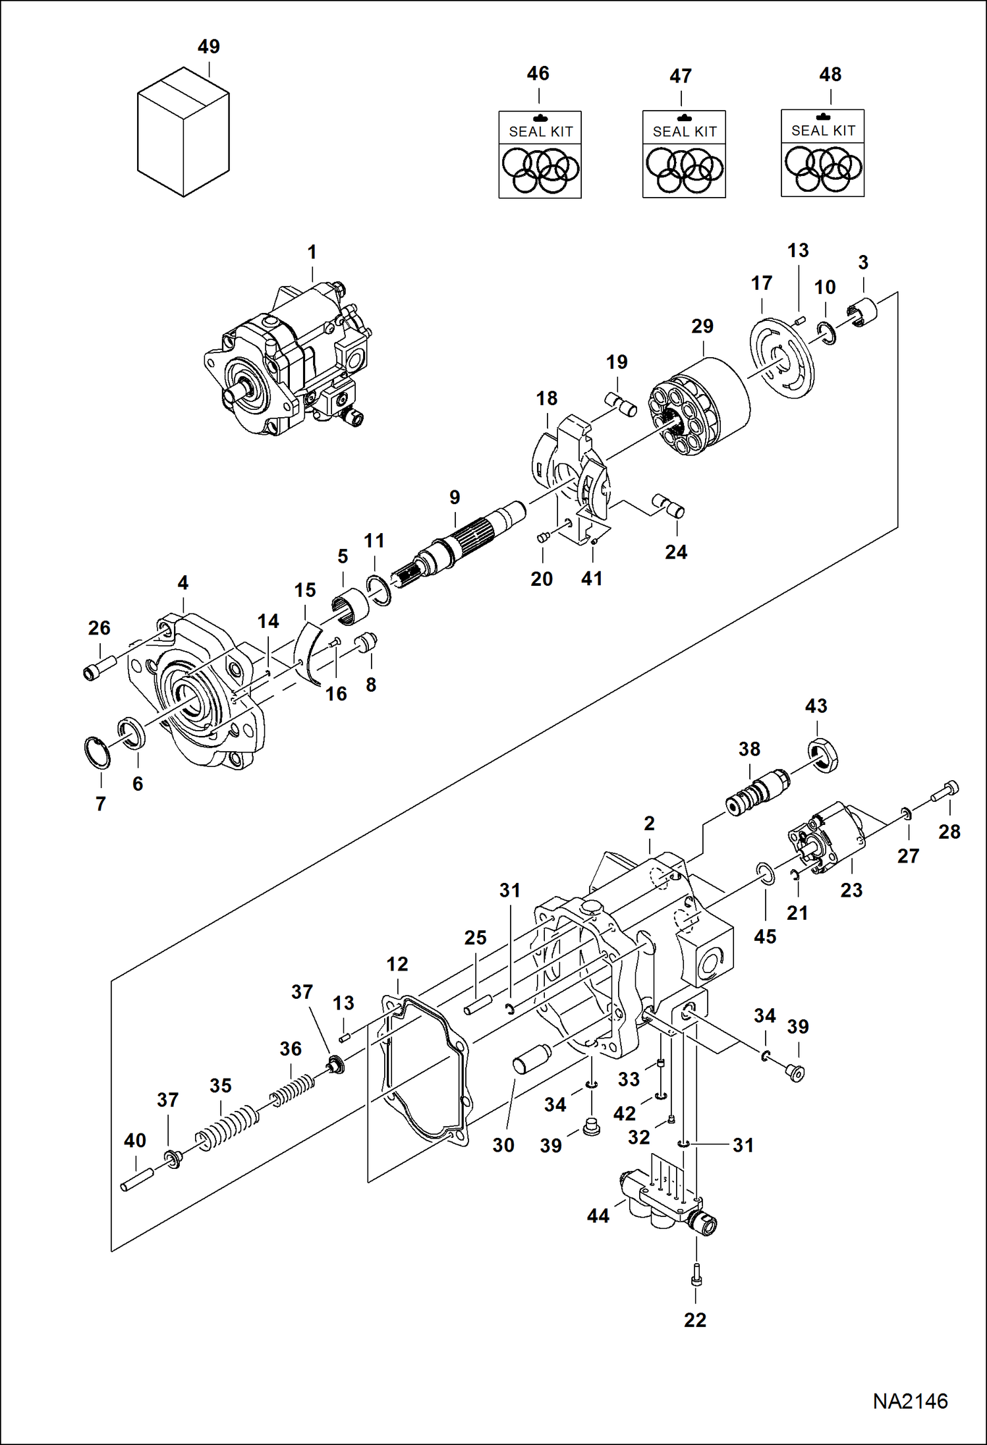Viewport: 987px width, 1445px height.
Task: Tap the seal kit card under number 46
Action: (540, 155)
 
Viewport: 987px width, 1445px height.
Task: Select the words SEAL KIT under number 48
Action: (823, 130)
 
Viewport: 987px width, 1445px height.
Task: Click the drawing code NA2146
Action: (910, 1401)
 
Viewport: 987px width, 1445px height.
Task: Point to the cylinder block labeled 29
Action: (700, 407)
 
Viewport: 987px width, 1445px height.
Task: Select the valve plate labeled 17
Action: (782, 359)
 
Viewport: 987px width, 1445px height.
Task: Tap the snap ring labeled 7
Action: (98, 753)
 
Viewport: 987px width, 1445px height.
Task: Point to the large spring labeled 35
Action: (226, 1127)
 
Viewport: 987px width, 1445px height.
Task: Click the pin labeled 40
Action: (137, 1179)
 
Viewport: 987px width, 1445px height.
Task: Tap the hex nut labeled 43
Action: (823, 755)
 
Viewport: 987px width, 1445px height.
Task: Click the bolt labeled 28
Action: (945, 793)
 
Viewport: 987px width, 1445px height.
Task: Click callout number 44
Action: (598, 1216)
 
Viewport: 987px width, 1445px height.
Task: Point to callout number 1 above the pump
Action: (312, 252)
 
